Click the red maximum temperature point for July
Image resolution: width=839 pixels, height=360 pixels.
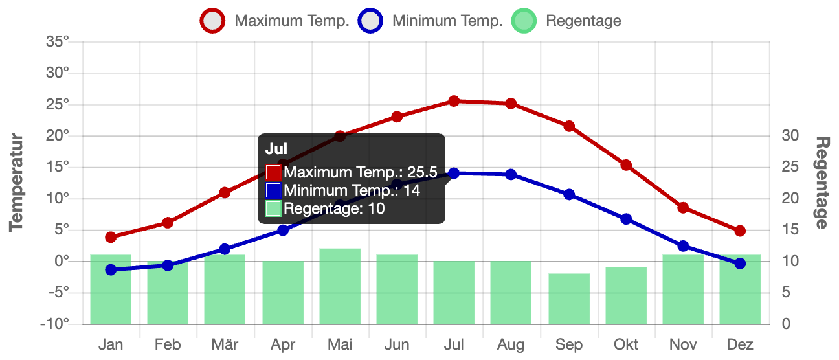[454, 101]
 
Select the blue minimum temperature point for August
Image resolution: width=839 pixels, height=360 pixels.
[511, 174]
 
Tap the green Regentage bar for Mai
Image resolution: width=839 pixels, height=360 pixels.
[340, 286]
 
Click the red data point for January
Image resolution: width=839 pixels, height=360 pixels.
[111, 237]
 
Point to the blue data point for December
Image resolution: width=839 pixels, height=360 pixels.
[740, 264]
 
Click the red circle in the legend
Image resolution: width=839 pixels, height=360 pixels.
[212, 21]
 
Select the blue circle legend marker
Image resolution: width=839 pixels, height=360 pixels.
[370, 21]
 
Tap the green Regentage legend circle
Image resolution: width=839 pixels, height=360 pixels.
[524, 21]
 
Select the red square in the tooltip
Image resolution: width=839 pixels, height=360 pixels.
[273, 172]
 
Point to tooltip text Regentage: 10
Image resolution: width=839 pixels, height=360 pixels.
[334, 208]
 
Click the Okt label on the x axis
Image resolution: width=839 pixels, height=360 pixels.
[625, 344]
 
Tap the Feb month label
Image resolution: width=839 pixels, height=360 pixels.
[168, 344]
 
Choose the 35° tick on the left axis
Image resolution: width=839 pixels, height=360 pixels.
[57, 42]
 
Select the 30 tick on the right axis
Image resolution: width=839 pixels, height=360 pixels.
[789, 136]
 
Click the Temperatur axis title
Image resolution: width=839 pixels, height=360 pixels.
[17, 183]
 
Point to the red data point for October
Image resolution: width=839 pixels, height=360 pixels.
[626, 165]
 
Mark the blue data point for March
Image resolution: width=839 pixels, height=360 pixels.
[225, 249]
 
